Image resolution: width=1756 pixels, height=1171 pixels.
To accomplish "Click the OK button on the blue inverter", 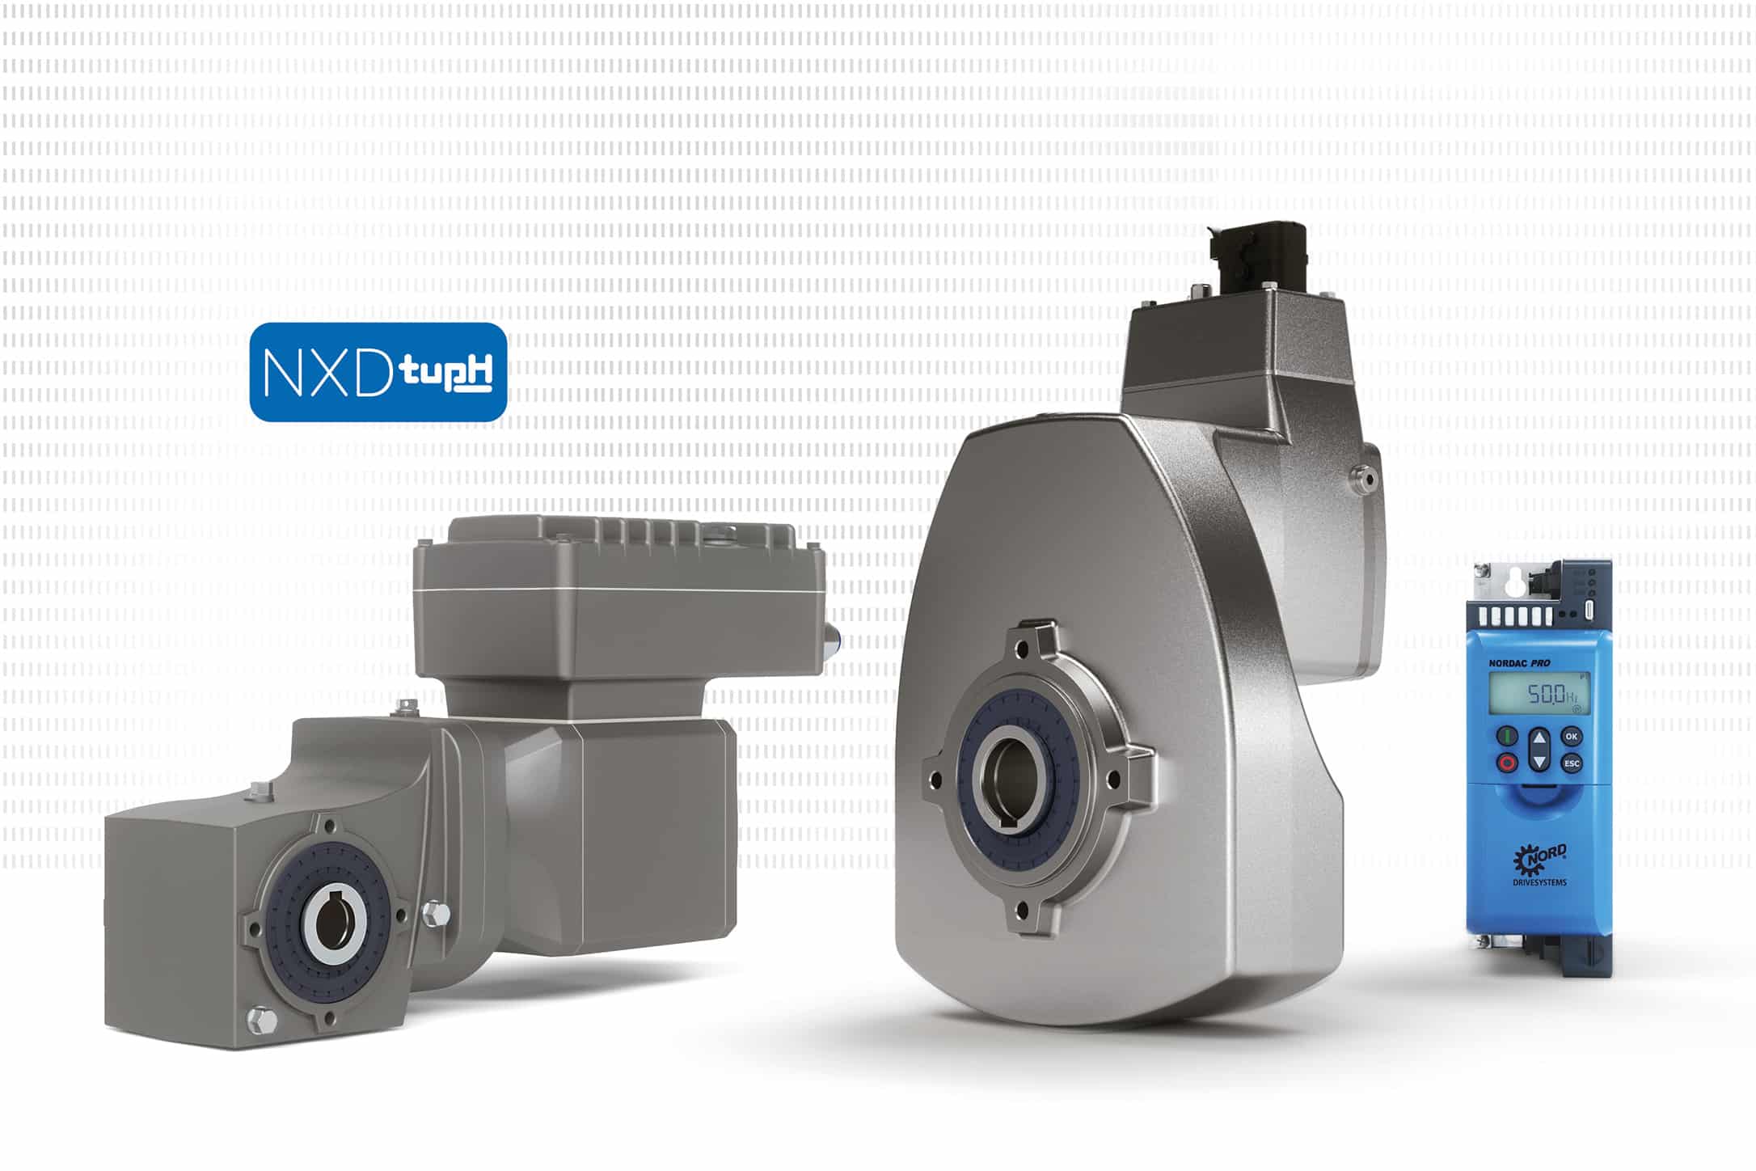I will [x=1571, y=736].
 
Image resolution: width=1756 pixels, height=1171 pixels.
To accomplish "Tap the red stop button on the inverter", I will [x=1507, y=763].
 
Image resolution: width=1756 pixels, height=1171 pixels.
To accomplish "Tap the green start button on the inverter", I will [x=1507, y=736].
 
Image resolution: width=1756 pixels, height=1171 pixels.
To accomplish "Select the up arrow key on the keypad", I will [x=1539, y=738].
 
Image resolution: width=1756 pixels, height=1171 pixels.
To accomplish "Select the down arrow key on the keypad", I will [x=1539, y=763].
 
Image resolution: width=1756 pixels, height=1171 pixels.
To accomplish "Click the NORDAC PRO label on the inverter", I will [x=1520, y=663].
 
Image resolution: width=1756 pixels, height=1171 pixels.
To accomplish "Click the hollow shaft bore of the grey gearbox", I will [x=334, y=924].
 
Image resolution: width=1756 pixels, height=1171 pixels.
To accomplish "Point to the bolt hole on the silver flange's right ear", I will [x=1112, y=779].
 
